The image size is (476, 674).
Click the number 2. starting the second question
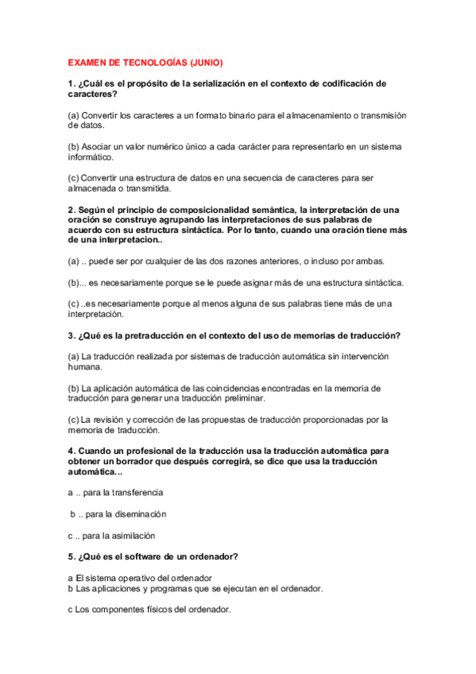click(72, 210)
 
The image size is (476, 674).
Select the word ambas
click(367, 261)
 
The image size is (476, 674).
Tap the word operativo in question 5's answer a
click(150, 577)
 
